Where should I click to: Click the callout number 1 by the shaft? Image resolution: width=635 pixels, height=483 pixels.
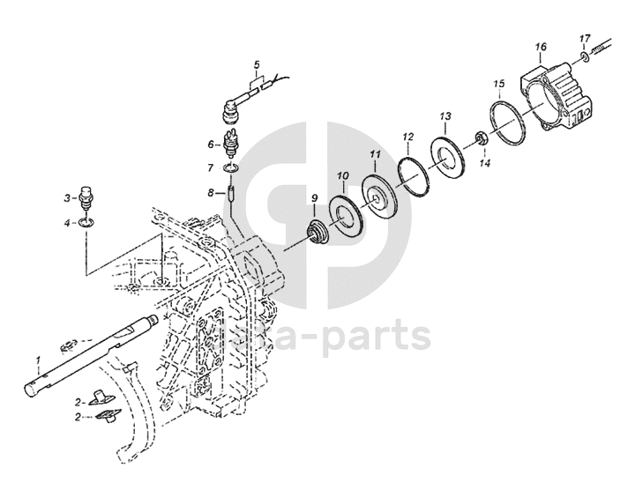click(x=38, y=360)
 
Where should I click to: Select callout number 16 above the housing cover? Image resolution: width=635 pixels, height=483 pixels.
click(x=540, y=46)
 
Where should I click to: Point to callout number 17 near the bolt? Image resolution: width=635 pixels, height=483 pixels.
click(x=585, y=40)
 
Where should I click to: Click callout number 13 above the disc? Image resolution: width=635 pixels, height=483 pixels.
click(x=445, y=116)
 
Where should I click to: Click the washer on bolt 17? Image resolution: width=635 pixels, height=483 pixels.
click(x=585, y=58)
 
